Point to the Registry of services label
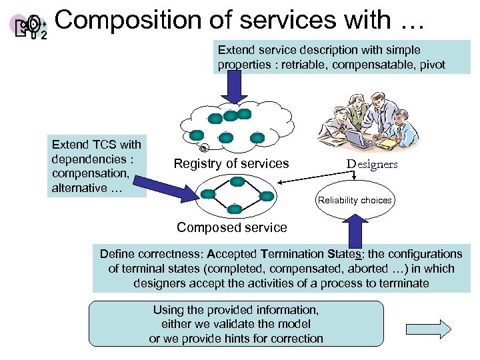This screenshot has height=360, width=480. point(231,163)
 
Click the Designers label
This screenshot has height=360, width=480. point(371,164)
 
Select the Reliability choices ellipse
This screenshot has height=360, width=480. point(354,200)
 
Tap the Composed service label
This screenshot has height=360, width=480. point(231,227)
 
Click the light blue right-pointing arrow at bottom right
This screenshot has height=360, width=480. point(429,327)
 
